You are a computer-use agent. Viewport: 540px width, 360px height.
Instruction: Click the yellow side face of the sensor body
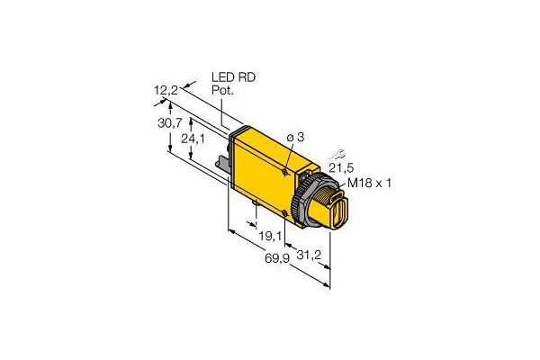coord(265,175)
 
